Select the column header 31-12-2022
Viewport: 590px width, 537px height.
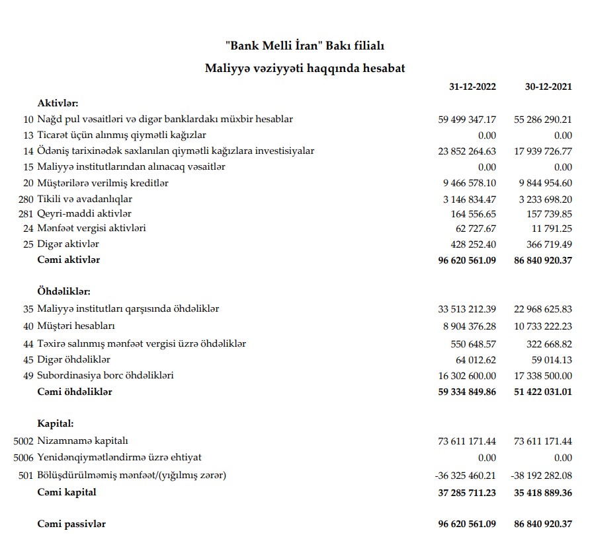pos(472,87)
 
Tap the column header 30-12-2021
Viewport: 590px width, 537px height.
pos(548,87)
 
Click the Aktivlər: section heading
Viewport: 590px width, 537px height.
pos(58,103)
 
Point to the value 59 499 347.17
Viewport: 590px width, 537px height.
pos(467,120)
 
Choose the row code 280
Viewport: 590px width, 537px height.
pos(26,199)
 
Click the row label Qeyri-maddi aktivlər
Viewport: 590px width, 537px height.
pos(85,213)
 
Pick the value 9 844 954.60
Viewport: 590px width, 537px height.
pos(543,183)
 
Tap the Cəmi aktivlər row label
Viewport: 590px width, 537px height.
pos(69,260)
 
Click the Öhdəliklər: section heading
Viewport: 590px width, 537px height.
pos(64,291)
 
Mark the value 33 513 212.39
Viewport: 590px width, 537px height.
pos(467,309)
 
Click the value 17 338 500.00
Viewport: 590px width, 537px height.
pos(543,375)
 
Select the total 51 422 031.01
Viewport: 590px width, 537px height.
pos(543,392)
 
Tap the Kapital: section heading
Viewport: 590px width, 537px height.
pos(56,423)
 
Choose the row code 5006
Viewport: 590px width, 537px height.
pos(23,457)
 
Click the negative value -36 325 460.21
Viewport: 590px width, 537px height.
pos(466,476)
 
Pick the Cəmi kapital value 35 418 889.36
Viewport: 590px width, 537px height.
pos(543,492)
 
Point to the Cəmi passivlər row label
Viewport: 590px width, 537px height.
pos(71,524)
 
